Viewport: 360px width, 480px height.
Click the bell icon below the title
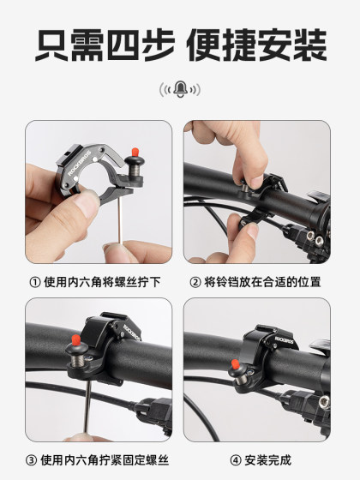coord(180,89)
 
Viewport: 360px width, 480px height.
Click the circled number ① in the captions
coord(35,282)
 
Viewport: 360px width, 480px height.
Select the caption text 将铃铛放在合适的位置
coord(268,282)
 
